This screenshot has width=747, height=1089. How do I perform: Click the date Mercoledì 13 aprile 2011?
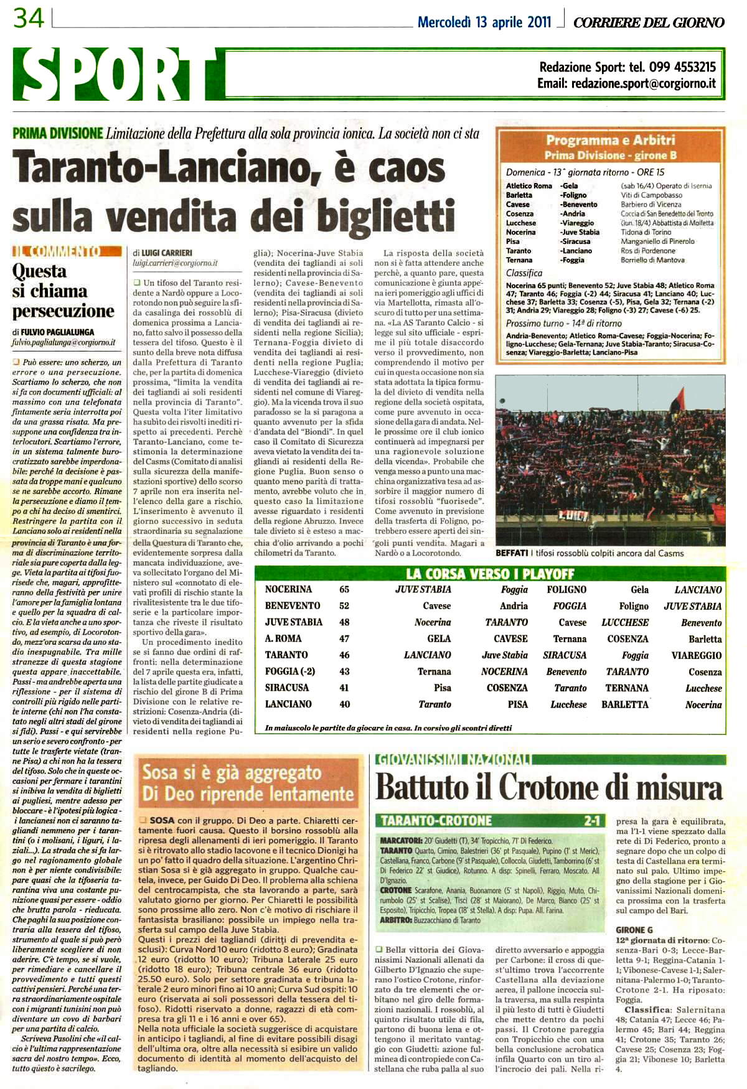[x=484, y=22]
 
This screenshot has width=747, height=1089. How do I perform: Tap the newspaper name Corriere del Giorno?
[x=648, y=23]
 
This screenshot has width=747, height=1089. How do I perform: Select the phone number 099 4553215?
[x=682, y=67]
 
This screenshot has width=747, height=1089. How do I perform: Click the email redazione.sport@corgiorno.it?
[x=643, y=84]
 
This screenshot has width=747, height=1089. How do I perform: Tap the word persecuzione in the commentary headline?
[x=63, y=311]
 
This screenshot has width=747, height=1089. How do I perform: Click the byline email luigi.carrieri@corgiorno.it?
[x=175, y=263]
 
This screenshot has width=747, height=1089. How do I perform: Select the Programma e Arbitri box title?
[x=610, y=140]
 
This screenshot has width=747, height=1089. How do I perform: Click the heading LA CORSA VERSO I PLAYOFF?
[x=490, y=574]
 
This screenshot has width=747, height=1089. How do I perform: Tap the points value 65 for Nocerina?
[x=344, y=589]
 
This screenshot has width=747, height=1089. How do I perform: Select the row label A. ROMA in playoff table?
[x=283, y=638]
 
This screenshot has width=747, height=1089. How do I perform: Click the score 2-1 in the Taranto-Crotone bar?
[x=591, y=821]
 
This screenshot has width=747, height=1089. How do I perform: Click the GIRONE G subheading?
[x=634, y=930]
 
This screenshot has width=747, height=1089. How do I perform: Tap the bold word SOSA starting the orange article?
[x=162, y=821]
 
